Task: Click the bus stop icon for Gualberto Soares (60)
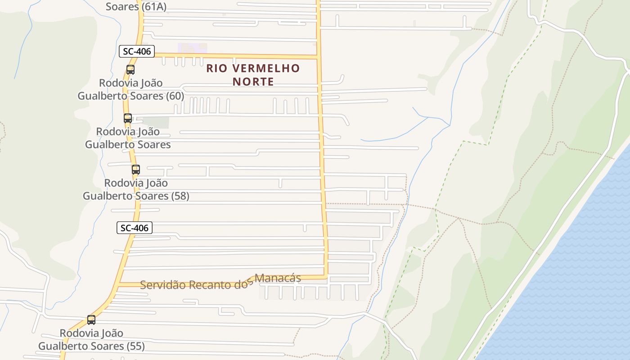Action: [x=130, y=70]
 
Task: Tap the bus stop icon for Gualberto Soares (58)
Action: [x=136, y=170]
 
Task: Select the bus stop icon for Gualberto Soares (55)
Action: [x=91, y=320]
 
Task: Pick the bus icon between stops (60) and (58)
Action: [x=128, y=118]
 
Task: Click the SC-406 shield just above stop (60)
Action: [x=137, y=51]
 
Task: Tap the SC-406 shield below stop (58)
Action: [x=135, y=228]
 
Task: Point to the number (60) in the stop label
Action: [x=175, y=96]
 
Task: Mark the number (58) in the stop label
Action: [x=180, y=196]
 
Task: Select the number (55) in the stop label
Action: [x=136, y=346]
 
